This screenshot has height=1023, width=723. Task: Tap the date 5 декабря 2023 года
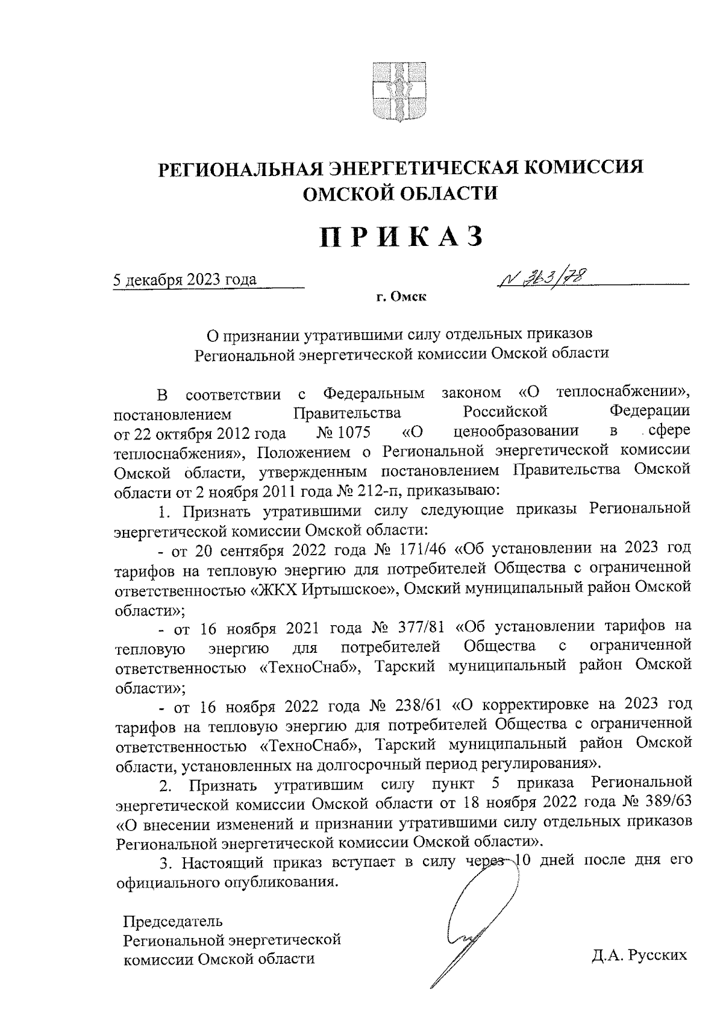[x=186, y=279]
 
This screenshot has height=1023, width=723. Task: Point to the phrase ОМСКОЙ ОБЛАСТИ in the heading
[x=401, y=193]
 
